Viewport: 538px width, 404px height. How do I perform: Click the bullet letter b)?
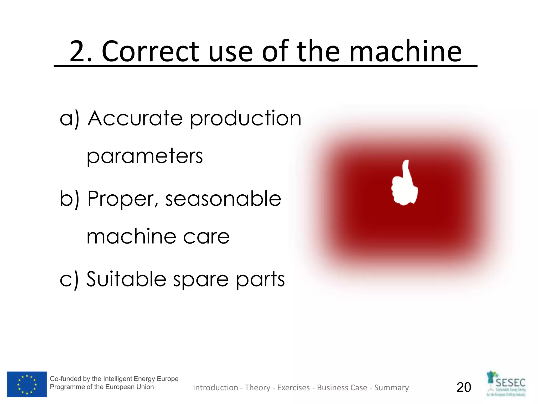(x=69, y=199)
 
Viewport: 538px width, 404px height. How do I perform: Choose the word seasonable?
(x=223, y=199)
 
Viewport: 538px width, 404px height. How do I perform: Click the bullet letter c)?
(x=69, y=279)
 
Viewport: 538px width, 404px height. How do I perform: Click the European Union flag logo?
(x=27, y=384)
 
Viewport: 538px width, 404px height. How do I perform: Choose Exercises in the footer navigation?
(x=293, y=388)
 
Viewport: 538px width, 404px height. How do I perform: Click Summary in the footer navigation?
(x=391, y=388)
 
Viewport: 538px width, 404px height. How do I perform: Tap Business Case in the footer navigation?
(x=342, y=388)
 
